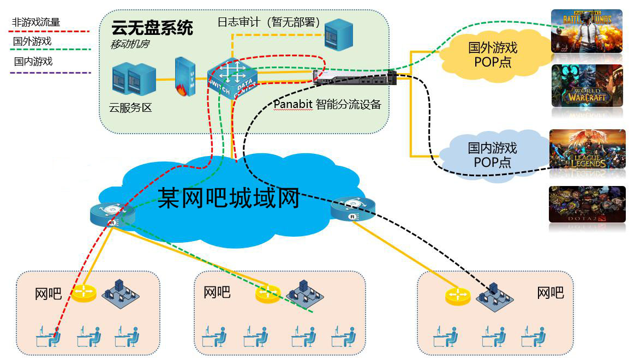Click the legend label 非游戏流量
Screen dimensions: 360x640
click(35, 22)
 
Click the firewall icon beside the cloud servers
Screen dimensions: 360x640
click(184, 77)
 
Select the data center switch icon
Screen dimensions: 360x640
click(231, 77)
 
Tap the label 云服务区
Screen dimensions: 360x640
click(130, 107)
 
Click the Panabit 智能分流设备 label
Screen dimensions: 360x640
click(327, 104)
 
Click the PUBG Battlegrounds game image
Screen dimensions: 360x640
click(587, 31)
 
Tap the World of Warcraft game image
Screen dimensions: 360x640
click(587, 86)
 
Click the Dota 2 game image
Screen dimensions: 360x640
click(587, 204)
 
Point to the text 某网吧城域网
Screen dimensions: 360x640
click(229, 197)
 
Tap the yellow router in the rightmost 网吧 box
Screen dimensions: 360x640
click(457, 296)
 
